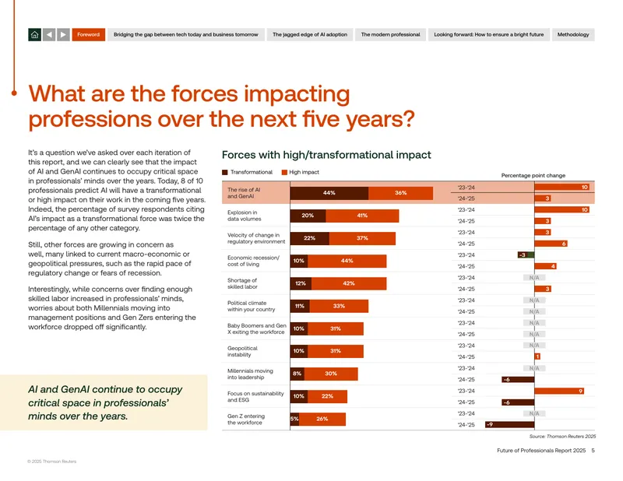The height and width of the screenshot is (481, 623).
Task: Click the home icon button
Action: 34,34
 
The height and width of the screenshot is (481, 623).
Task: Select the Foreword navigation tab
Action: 88,34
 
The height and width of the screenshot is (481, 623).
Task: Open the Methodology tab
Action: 573,34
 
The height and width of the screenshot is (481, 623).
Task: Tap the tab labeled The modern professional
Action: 390,34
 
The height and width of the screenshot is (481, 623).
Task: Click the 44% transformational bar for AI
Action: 329,193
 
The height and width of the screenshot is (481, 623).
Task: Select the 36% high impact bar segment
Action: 400,193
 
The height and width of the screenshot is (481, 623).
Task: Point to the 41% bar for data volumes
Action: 362,216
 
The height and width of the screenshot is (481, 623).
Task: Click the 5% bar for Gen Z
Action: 294,419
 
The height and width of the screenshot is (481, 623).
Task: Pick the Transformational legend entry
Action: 247,172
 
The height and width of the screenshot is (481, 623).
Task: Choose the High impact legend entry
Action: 301,172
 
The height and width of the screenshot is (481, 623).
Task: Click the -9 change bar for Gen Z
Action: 510,425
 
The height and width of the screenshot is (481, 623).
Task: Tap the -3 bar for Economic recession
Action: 526,255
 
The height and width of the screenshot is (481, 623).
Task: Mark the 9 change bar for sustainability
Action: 559,391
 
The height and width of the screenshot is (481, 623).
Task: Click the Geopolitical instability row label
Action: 242,352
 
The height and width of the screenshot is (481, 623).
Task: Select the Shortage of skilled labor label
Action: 242,283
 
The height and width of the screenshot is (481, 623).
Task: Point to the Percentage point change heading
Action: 533,176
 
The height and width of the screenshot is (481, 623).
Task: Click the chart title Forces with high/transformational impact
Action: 326,155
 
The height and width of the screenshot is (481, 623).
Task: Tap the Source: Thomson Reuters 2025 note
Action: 562,437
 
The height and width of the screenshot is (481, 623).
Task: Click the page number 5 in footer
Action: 593,451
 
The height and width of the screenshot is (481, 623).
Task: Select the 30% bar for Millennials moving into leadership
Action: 331,374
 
